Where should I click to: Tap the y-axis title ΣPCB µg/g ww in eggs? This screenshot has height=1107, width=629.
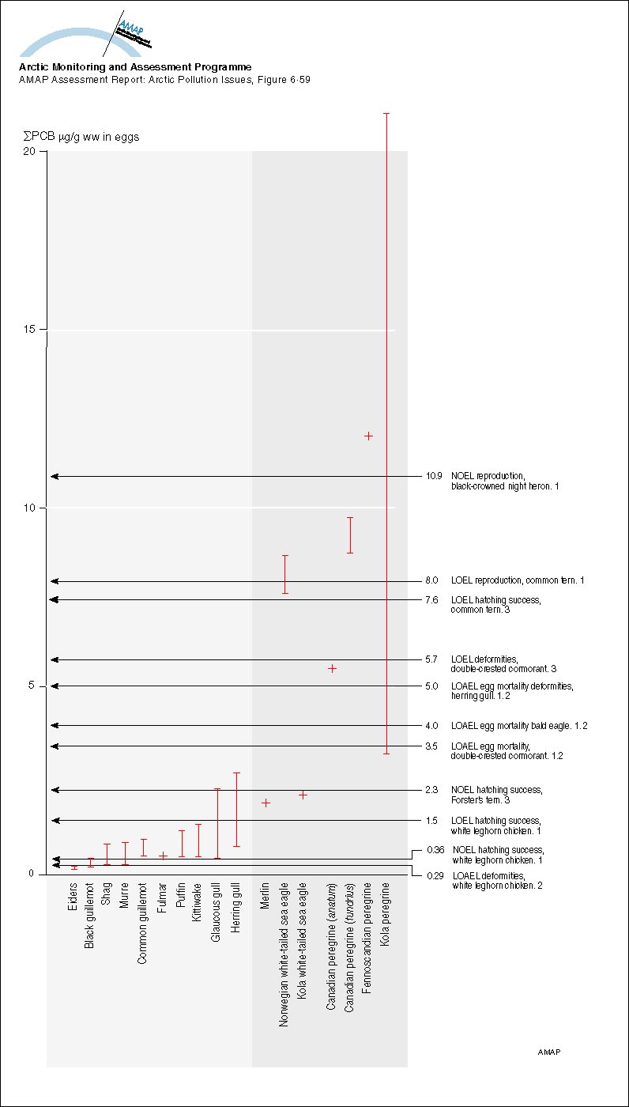[81, 137]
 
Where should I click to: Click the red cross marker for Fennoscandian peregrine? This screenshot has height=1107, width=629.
[367, 436]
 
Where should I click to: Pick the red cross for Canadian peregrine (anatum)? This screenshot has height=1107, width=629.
[332, 668]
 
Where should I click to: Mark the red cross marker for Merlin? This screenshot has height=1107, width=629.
[266, 803]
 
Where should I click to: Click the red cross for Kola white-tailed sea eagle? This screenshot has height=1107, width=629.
[303, 795]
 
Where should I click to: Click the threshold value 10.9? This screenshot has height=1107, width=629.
[433, 477]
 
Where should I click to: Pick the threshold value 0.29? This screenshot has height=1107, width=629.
[433, 875]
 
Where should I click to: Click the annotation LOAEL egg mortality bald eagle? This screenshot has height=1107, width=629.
[519, 725]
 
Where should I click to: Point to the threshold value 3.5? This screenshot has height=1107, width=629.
[432, 746]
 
